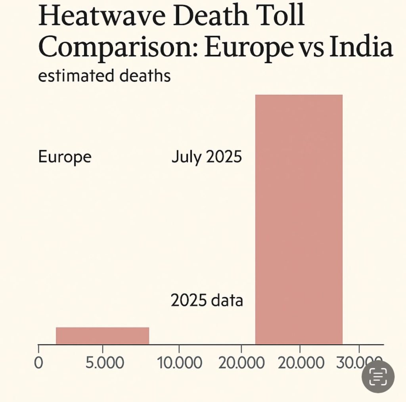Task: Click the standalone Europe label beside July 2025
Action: (x=65, y=157)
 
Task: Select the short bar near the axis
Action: (x=102, y=336)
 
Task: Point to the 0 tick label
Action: (x=38, y=363)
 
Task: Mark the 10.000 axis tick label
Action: (x=179, y=363)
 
